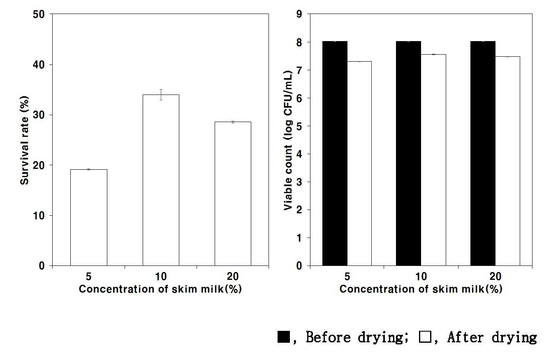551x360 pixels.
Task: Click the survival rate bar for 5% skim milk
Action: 89,218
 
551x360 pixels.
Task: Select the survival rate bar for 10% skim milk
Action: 161,180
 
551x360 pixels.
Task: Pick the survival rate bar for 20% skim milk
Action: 233,194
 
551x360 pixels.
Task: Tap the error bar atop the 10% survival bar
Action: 161,95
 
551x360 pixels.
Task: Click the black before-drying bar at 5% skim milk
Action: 335,153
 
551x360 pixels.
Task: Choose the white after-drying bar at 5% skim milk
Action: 359,164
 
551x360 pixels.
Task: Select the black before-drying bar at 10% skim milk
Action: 408,153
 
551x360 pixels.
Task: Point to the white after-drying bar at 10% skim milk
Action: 433,160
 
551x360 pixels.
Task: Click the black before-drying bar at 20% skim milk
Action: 483,153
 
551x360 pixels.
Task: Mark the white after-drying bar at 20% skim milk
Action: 508,161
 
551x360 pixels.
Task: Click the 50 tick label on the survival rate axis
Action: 39,14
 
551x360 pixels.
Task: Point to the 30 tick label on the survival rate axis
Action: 39,115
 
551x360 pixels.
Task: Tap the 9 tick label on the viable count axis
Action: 299,14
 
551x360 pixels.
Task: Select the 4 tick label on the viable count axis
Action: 299,154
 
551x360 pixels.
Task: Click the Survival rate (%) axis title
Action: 24,140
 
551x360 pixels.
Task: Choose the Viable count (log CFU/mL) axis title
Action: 288,140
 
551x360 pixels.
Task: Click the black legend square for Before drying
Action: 284,337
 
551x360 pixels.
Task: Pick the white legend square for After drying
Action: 425,337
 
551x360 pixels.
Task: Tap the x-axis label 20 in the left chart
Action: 233,277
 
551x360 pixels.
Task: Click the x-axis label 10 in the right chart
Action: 421,277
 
